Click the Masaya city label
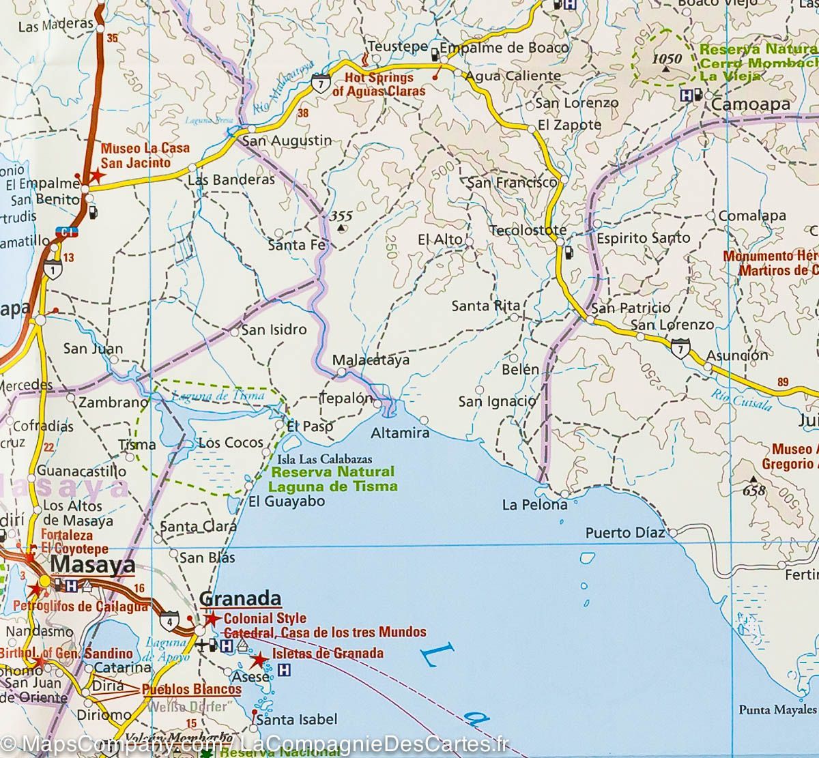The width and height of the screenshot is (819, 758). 92,566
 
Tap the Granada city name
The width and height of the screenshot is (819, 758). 240,598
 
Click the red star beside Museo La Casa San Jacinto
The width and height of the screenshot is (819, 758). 96,175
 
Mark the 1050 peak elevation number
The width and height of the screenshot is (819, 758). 666,59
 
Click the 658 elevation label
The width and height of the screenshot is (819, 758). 754,490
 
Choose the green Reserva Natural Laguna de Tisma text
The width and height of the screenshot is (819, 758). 333,479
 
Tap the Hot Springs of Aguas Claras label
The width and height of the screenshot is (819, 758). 378,85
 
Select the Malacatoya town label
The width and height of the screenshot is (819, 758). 371,360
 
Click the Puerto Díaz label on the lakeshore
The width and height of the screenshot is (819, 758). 624,532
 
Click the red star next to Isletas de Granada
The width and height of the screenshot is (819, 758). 259,660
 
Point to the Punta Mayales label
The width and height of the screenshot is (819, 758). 777,710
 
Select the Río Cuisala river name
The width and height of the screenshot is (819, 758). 741,399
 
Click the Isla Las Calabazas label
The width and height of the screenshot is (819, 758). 325,459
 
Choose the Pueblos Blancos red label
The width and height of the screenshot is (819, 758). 182,690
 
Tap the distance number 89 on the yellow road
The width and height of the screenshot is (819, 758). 782,382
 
